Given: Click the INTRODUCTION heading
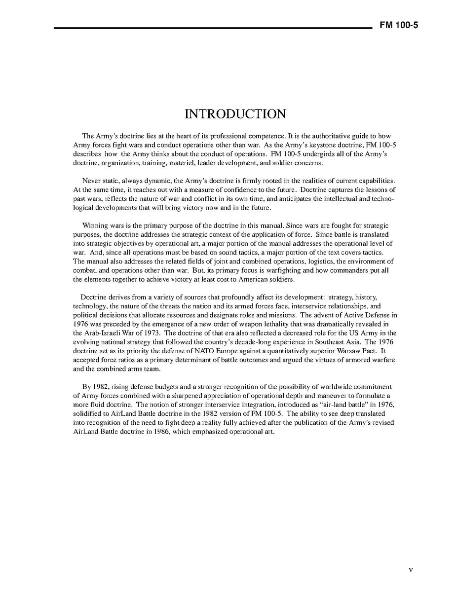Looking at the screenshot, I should pyautogui.click(x=235, y=114).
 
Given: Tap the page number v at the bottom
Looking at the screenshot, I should pyautogui.click(x=411, y=570).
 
